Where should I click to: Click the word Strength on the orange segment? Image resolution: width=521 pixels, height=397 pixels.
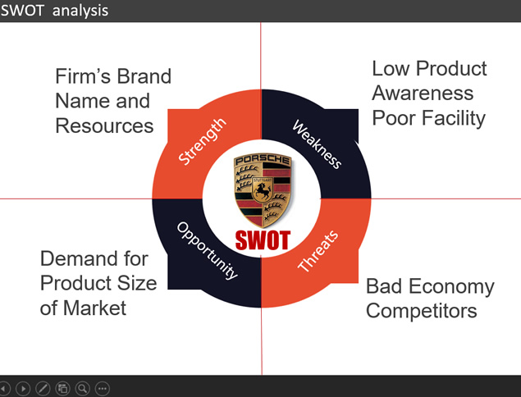click(x=202, y=141)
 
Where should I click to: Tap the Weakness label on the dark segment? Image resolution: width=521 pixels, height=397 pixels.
click(x=317, y=144)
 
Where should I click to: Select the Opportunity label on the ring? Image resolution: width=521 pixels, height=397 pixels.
click(x=208, y=250)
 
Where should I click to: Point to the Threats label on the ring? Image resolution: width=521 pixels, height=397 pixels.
click(x=318, y=251)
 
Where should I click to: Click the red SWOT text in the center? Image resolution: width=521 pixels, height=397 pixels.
click(x=263, y=240)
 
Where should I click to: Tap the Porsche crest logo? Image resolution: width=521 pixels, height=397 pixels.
click(x=263, y=190)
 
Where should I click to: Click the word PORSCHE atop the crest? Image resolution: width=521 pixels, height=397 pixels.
click(x=263, y=160)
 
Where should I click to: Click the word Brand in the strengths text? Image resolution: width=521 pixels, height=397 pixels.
click(x=144, y=76)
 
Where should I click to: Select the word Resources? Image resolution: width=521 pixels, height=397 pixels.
click(x=104, y=126)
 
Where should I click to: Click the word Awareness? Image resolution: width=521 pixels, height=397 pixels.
click(x=423, y=93)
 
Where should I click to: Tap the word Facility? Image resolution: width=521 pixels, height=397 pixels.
click(x=454, y=119)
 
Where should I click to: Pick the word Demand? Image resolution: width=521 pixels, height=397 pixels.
click(x=80, y=258)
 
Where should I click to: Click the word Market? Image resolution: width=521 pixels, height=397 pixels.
click(x=94, y=308)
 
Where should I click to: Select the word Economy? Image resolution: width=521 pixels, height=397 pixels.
click(x=451, y=287)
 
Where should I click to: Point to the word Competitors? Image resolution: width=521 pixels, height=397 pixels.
click(x=422, y=311)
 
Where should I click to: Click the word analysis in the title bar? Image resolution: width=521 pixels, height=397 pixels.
click(x=80, y=11)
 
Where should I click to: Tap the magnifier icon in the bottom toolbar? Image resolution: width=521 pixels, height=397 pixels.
click(x=83, y=388)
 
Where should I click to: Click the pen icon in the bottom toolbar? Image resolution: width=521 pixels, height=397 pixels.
click(x=43, y=388)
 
